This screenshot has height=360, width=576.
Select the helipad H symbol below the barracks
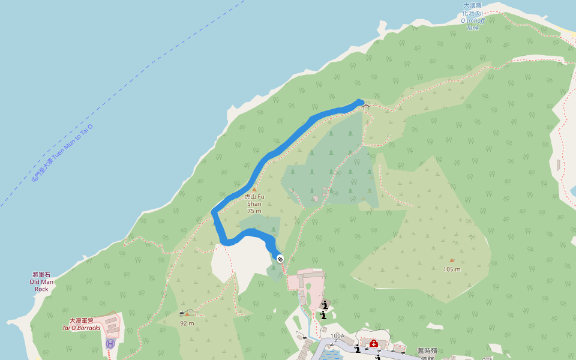pos(110,344)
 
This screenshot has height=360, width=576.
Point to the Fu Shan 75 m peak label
pos(254,203)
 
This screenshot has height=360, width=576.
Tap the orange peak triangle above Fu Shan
pos(254,190)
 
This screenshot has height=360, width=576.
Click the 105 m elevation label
pos(452,269)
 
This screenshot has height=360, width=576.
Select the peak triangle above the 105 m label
pos(452,260)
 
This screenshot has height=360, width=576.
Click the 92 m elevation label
pos(187,323)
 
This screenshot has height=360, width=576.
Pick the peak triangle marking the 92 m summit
pos(187,314)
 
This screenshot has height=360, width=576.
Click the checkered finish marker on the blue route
pos(280,258)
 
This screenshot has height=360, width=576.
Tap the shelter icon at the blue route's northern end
pos(365,107)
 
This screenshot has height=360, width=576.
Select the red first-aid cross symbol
pos(373,343)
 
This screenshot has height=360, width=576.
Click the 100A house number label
pos(337,336)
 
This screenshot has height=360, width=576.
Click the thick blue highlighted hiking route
pos(282,147)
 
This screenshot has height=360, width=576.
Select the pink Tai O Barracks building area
pos(108,327)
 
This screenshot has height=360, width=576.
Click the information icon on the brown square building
pos(325,304)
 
